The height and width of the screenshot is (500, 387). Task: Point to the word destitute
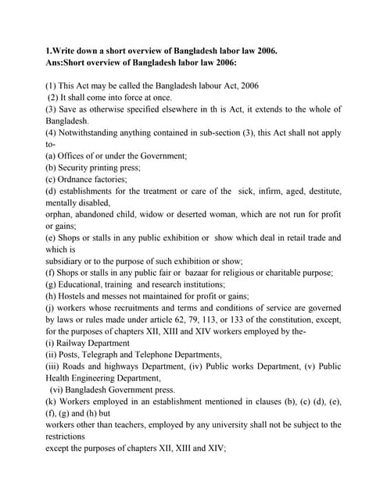point(321,191)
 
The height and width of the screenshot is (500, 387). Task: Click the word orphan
point(60,214)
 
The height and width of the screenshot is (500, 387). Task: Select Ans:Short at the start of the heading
point(70,63)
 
